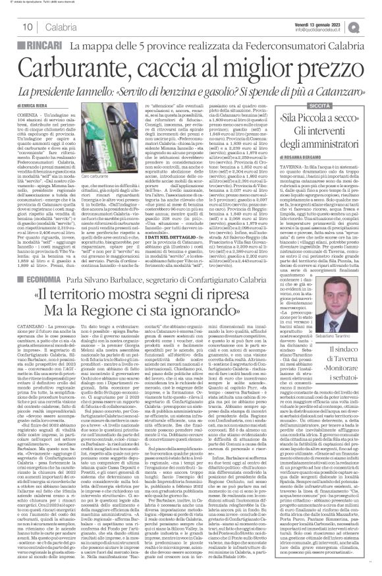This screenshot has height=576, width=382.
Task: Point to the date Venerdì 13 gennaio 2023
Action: [x=316, y=21]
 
